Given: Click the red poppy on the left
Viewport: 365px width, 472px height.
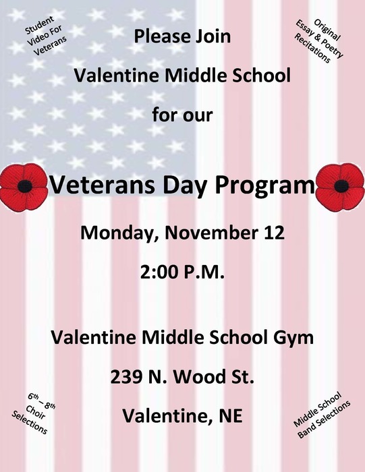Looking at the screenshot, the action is pyautogui.click(x=24, y=187).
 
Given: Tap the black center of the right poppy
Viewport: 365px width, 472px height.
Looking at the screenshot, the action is pyautogui.click(x=341, y=186).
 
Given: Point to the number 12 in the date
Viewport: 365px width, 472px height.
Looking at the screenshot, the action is pyautogui.click(x=275, y=233).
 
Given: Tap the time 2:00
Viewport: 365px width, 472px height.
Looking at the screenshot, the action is pyautogui.click(x=159, y=272).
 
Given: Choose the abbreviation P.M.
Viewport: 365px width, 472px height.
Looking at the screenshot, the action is pyautogui.click(x=204, y=272).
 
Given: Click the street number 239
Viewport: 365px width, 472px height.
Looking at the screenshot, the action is pyautogui.click(x=126, y=377).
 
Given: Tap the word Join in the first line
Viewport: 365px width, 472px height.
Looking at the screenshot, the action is pyautogui.click(x=213, y=36).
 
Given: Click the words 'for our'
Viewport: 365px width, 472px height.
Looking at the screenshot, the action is pyautogui.click(x=182, y=115).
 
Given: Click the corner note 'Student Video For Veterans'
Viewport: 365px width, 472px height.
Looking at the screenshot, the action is pyautogui.click(x=45, y=36).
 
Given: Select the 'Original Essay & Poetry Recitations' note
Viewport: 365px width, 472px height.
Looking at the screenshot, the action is pyautogui.click(x=318, y=41).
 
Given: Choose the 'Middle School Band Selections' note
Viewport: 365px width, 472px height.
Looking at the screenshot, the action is pyautogui.click(x=322, y=415).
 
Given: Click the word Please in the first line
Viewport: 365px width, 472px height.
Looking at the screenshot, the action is pyautogui.click(x=162, y=36).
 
